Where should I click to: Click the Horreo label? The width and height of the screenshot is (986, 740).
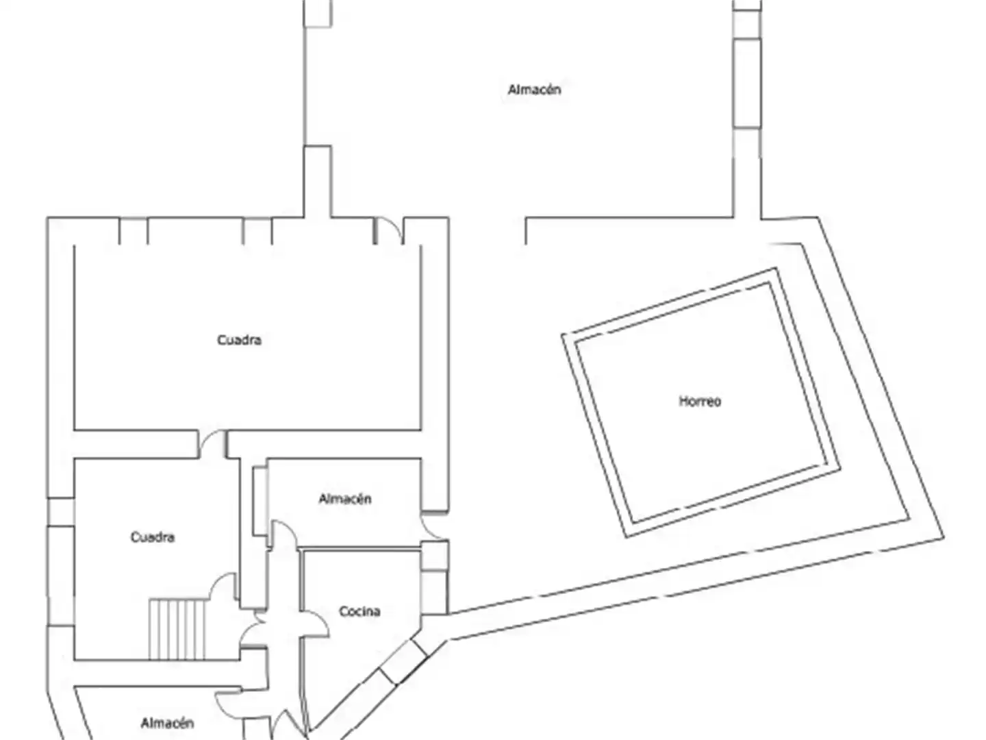tap(699, 401)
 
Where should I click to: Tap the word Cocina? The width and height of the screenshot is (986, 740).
tap(359, 611)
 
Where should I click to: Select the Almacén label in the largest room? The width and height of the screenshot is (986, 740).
tap(534, 89)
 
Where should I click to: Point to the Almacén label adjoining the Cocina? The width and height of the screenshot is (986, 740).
tap(345, 499)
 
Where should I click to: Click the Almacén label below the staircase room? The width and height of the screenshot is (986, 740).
tap(167, 723)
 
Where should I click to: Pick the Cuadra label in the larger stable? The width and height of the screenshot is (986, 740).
tap(239, 340)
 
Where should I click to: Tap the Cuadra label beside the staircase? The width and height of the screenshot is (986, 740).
tap(152, 537)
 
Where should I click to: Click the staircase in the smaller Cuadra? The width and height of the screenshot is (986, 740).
tap(177, 630)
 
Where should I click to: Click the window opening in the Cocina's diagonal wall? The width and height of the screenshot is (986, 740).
tap(403, 662)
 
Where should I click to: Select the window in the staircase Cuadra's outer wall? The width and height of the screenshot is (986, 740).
tap(61, 512)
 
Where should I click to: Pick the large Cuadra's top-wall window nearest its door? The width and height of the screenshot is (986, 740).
tap(257, 231)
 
